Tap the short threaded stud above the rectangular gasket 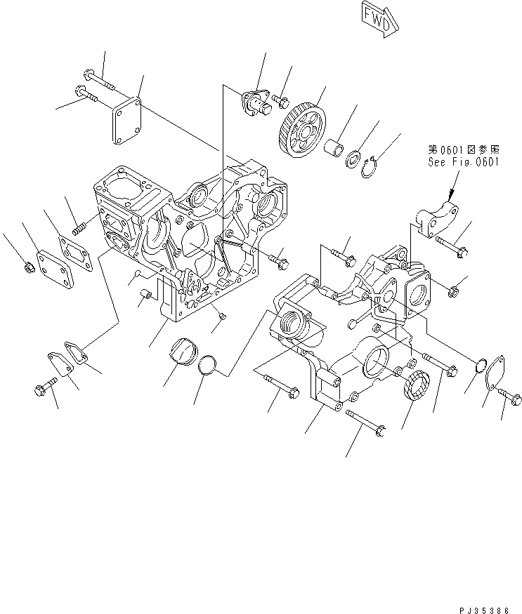(x=79, y=228)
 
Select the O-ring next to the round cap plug (x=207, y=366)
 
